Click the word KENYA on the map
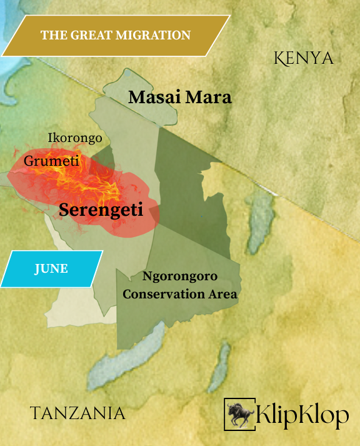coord(304,58)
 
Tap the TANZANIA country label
coord(77,413)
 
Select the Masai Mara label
coord(179,98)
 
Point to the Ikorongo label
coord(75,138)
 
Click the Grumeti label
coord(51,161)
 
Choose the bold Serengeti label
coord(101,210)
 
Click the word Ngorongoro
coord(180,276)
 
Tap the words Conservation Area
coord(180,294)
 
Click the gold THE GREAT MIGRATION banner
coord(115,35)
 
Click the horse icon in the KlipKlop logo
coord(239,413)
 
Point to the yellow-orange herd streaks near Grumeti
coord(91,181)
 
